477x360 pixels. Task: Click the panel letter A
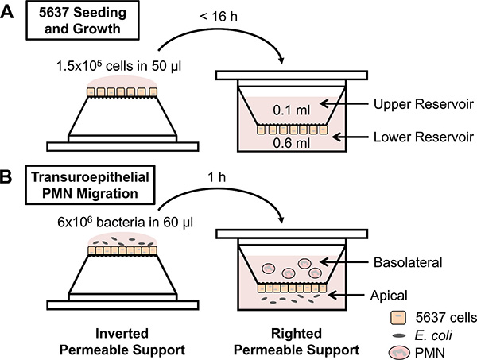(x=6, y=13)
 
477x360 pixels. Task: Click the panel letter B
(x=6, y=177)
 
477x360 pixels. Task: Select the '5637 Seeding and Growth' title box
(x=83, y=21)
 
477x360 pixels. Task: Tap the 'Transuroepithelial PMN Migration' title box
(x=90, y=185)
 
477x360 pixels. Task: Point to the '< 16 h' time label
(x=219, y=16)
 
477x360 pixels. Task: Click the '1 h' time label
(x=216, y=177)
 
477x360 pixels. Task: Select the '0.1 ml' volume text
(x=292, y=110)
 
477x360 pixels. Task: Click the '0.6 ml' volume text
(x=292, y=143)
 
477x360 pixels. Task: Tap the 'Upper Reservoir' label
(x=424, y=104)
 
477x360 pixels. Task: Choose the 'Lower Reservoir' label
(x=424, y=137)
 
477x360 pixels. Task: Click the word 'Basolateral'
(x=408, y=262)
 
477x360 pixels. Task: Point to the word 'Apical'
(x=389, y=296)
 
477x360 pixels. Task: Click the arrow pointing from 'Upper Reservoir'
(x=344, y=104)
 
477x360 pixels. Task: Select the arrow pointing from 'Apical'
(x=346, y=295)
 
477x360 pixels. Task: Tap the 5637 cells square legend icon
(x=398, y=317)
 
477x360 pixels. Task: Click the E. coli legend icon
(x=399, y=336)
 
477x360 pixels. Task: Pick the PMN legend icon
(x=400, y=353)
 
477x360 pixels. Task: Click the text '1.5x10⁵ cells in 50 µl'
(x=118, y=66)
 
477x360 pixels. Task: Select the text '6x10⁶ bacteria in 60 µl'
(x=125, y=222)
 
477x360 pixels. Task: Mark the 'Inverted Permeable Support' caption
(x=122, y=342)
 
